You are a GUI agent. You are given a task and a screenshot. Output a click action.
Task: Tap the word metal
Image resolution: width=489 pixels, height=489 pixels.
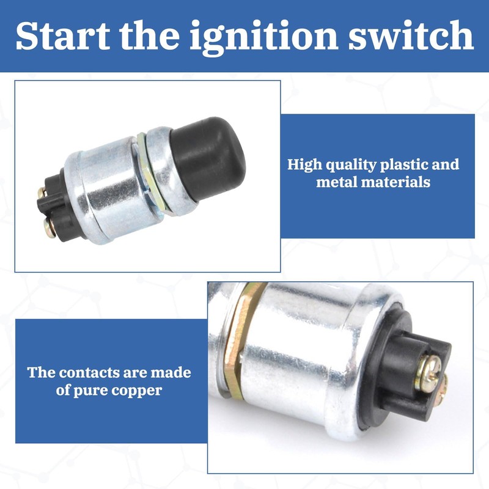(x=336, y=182)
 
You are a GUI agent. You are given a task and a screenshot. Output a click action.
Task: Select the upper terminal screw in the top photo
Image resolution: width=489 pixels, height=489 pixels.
(x=42, y=193)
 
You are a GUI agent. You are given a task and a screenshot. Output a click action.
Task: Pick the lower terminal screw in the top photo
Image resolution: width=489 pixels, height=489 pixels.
(x=48, y=227)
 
